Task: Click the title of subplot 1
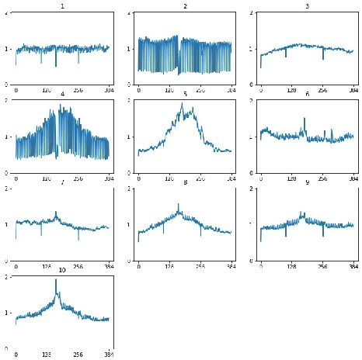pos(62,5)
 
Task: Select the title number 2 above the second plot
pos(185,5)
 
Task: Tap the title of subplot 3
pos(307,5)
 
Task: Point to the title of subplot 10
pos(62,270)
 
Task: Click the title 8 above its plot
pos(185,182)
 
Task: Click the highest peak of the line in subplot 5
pos(184,103)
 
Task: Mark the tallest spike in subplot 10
pos(56,280)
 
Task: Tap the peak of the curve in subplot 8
pos(179,204)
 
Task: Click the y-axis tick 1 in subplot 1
pos(8,49)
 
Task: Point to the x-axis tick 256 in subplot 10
pos(78,355)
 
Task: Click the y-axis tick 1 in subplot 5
pos(130,137)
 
